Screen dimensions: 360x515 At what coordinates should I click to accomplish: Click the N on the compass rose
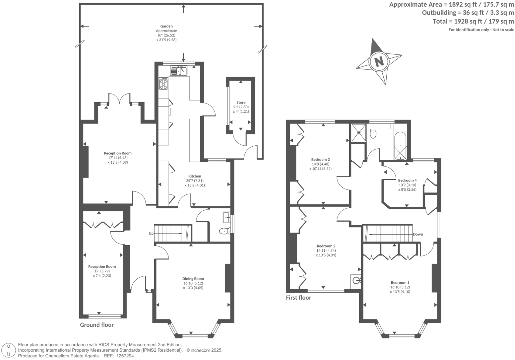(x=379, y=61)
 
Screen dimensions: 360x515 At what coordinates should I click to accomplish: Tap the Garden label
(x=166, y=26)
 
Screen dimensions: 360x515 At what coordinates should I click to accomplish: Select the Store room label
(x=241, y=102)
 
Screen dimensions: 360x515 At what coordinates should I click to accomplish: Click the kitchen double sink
(x=179, y=71)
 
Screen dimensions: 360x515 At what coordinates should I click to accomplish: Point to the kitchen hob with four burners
(x=163, y=83)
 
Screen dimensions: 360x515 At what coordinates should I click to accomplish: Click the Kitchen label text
(x=195, y=176)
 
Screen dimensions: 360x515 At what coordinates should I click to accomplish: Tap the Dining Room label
(x=193, y=279)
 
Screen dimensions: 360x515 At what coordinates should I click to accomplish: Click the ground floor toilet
(x=225, y=231)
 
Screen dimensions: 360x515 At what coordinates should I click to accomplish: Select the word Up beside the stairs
(x=151, y=234)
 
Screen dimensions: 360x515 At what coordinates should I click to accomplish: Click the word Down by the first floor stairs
(x=418, y=234)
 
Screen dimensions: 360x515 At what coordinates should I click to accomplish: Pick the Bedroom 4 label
(x=407, y=180)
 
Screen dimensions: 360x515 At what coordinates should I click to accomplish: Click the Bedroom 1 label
(x=400, y=283)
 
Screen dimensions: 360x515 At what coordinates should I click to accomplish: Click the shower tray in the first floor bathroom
(x=358, y=132)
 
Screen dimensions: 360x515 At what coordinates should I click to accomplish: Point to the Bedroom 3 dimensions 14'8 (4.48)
(x=320, y=164)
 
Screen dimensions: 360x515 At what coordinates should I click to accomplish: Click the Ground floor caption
(x=97, y=325)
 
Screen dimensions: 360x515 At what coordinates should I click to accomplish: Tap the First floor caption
(x=298, y=298)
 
